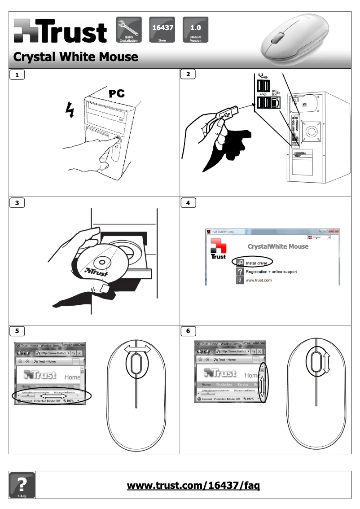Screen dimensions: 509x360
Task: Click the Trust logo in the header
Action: [x=60, y=31]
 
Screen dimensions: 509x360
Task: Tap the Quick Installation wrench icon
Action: [x=129, y=30]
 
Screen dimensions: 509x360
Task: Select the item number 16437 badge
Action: [x=162, y=30]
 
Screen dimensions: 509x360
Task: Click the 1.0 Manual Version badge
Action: [x=195, y=30]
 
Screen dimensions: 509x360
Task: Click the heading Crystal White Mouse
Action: [x=75, y=57]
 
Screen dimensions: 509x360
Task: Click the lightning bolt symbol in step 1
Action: [x=69, y=108]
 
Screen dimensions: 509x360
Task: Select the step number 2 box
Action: [x=188, y=75]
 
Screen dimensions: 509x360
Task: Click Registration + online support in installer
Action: [x=271, y=272]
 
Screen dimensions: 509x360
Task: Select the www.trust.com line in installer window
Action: [x=259, y=280]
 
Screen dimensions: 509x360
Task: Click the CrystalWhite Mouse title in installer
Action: [x=278, y=246]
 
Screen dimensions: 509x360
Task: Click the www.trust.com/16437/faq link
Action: [x=193, y=485]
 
